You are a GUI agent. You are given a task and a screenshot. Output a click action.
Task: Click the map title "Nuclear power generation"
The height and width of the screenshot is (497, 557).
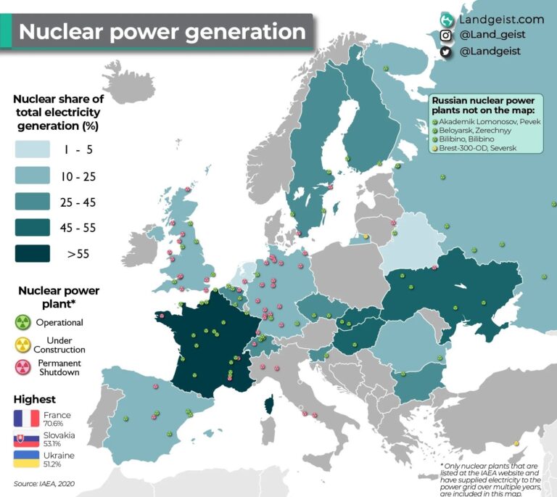(162, 32)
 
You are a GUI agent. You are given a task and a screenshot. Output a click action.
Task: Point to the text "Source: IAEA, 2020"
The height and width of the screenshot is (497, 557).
(44, 483)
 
